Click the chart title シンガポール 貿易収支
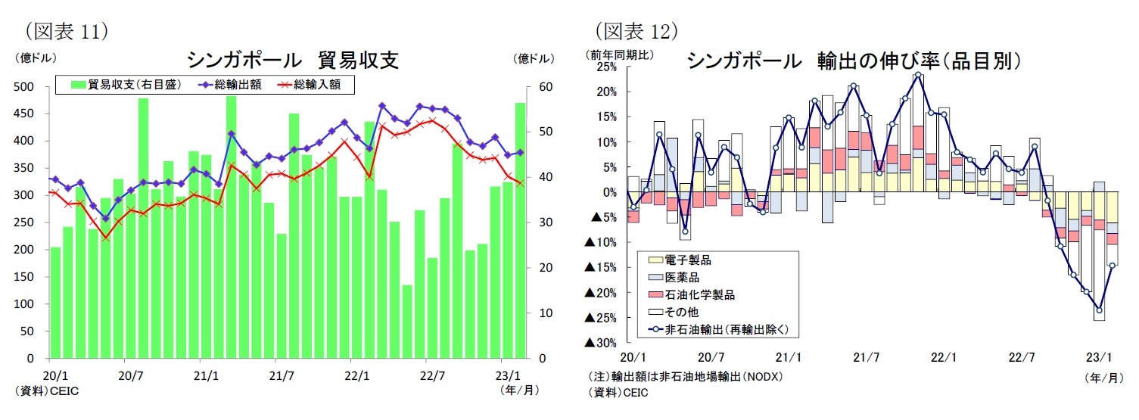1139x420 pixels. tap(292, 60)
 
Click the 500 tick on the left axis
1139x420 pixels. tap(25, 87)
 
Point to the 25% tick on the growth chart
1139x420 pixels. tap(607, 67)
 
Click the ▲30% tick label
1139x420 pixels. tap(601, 343)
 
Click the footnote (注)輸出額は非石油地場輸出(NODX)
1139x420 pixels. tap(685, 376)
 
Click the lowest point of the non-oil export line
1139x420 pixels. tap(1099, 310)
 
